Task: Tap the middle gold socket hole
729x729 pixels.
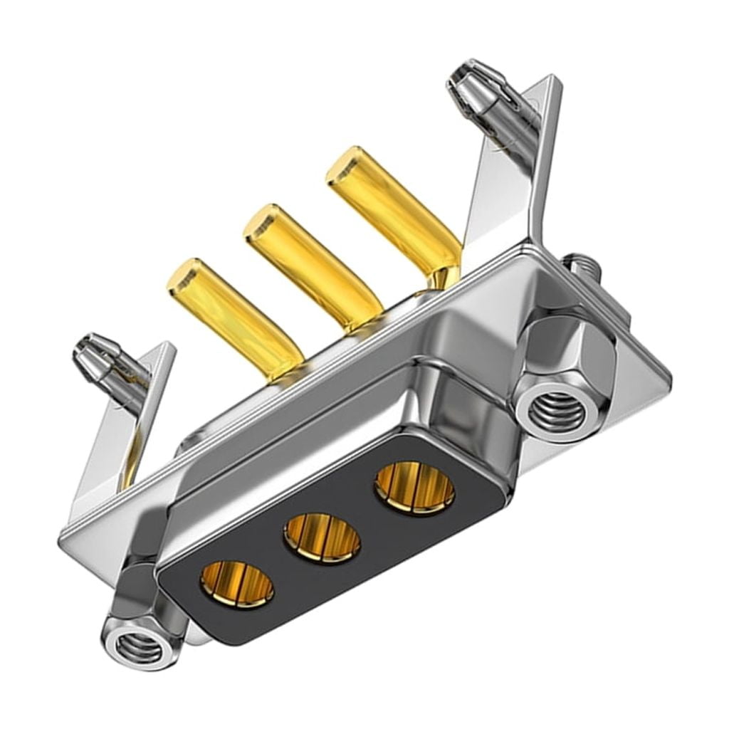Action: [322, 537]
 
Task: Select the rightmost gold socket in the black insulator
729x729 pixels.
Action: [414, 487]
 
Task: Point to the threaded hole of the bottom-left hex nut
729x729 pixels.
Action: [140, 646]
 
